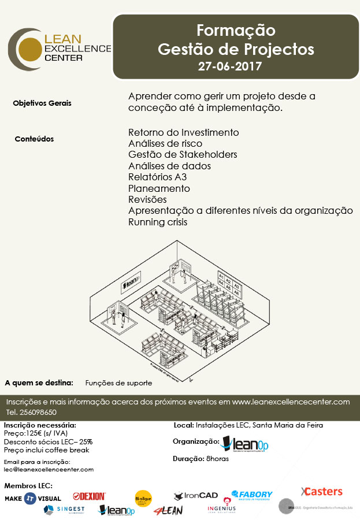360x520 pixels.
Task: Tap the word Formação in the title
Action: click(236, 29)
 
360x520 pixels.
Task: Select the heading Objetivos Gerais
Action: click(42, 103)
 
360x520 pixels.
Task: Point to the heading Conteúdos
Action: click(34, 139)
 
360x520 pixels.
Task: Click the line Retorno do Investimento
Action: click(183, 132)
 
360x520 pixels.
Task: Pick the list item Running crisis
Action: click(158, 222)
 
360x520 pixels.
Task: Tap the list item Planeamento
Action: click(159, 188)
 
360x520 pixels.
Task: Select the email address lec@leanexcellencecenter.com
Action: click(49, 470)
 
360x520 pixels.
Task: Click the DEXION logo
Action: click(90, 496)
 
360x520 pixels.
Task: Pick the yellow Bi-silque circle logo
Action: click(143, 497)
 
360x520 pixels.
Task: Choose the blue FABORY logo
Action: click(251, 495)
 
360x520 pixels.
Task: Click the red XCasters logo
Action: click(321, 492)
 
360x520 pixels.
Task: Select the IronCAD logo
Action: click(196, 496)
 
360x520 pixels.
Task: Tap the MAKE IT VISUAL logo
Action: click(33, 498)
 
